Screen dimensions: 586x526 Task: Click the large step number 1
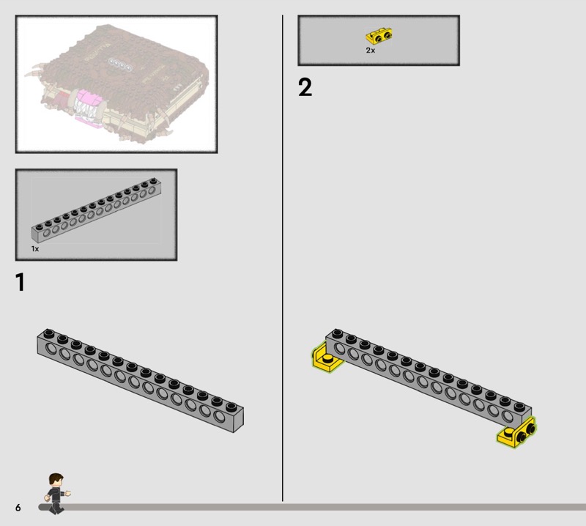[x=21, y=282]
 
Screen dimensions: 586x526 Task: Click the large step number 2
[x=305, y=87]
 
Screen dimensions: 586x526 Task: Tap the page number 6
[x=18, y=507]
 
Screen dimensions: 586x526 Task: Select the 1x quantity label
[x=34, y=248]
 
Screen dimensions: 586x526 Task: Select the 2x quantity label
[x=371, y=50]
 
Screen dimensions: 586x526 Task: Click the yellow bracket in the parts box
[x=379, y=36]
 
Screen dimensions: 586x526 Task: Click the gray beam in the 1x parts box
[x=97, y=210]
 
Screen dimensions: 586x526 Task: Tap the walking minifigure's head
[x=56, y=481]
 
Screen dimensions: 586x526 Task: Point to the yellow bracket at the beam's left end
[x=325, y=358]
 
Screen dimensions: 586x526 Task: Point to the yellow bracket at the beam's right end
[x=517, y=432]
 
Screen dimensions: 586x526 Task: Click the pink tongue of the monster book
[x=89, y=100]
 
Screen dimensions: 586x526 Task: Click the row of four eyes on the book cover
[x=120, y=64]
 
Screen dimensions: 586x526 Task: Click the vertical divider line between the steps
[x=283, y=258]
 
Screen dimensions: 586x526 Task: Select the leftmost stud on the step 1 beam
[x=48, y=333]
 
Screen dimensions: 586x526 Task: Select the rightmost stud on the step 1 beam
[x=231, y=406]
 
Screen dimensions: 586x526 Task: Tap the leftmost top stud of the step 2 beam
[x=337, y=333]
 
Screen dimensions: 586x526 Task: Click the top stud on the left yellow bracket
[x=327, y=358]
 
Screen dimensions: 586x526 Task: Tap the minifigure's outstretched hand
[x=68, y=494]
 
